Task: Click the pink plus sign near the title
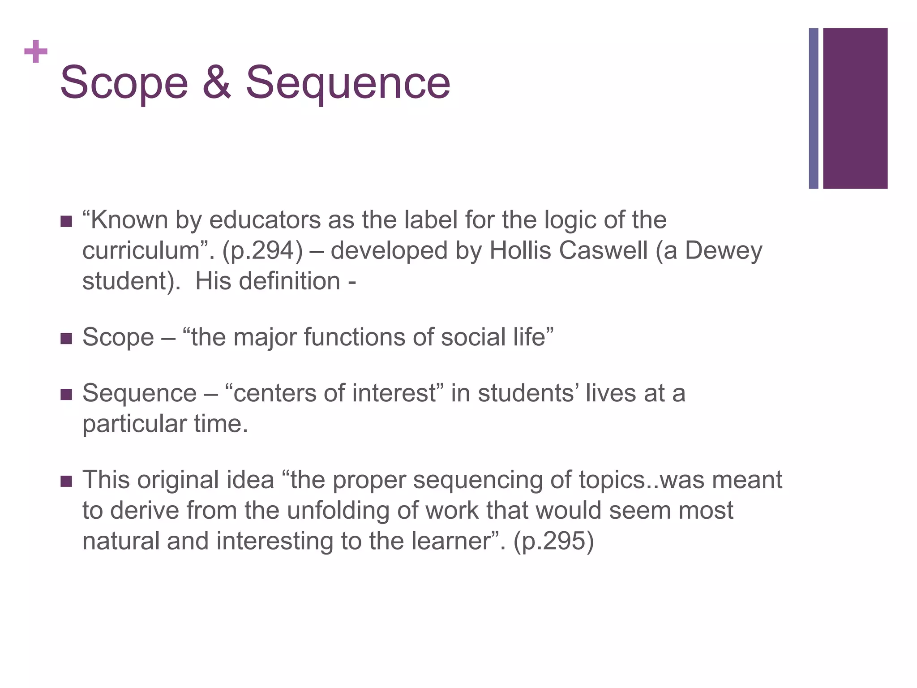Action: point(36,52)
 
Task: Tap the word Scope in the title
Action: point(124,83)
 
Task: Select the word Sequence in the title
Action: point(348,83)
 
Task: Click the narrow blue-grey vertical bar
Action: point(813,108)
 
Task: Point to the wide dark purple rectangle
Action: point(855,108)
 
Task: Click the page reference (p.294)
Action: point(262,250)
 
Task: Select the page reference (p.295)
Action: point(554,541)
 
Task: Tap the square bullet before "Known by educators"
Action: point(66,221)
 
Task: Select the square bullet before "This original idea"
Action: point(66,482)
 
